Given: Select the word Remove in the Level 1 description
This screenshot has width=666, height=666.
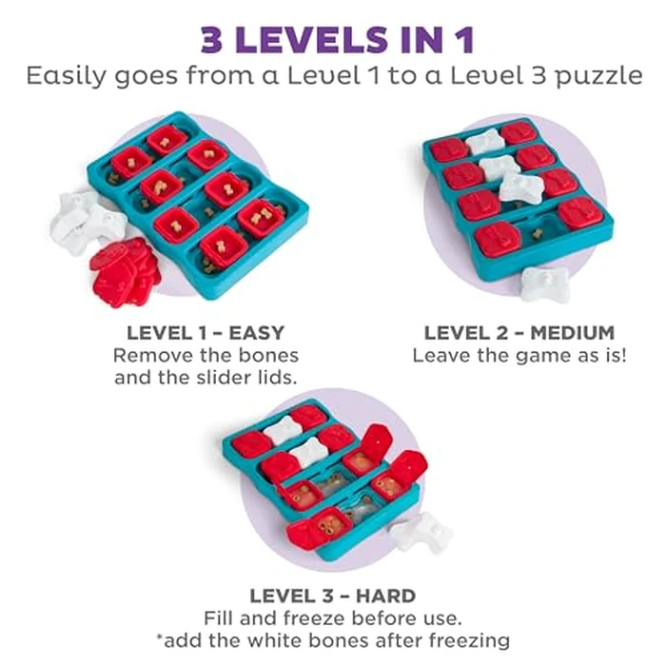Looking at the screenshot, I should tap(146, 355).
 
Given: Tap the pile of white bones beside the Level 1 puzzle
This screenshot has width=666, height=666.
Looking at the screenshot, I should tap(86, 222).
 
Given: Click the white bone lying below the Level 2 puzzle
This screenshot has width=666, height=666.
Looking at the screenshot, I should tap(545, 284).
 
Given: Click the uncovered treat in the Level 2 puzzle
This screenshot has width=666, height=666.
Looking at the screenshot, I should tap(539, 233).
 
